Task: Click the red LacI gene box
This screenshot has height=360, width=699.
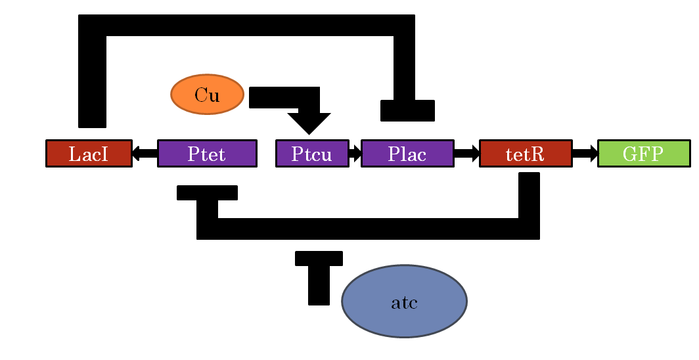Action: coord(89,154)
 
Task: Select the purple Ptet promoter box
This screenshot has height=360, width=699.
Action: coord(207,154)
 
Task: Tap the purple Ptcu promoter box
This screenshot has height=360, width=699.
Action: coord(312,154)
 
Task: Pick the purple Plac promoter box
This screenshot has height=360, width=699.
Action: coord(407,154)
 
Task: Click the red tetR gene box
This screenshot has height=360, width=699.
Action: coord(526,154)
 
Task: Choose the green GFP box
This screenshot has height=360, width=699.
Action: coord(644,154)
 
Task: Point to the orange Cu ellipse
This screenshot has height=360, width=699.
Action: coord(207,95)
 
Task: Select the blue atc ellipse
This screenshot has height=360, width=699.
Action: coord(404,301)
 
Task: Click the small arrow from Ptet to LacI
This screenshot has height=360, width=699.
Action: coord(145,154)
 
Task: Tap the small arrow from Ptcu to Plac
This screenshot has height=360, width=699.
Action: coord(355,154)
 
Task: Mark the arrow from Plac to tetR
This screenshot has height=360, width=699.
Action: coord(466,154)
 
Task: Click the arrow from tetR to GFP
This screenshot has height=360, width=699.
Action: coord(585,154)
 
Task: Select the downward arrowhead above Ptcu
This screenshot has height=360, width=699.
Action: coord(309,122)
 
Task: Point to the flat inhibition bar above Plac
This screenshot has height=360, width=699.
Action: coord(407,110)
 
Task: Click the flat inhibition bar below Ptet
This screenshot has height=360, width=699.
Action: coord(207,192)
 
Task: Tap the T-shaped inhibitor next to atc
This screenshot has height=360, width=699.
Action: coord(319,276)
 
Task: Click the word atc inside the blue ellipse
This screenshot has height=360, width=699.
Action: coord(404,304)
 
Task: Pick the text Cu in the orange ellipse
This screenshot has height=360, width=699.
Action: coord(207,95)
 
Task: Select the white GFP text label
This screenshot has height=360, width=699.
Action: coord(643,154)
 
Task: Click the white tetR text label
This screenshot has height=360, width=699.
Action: coord(525,154)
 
